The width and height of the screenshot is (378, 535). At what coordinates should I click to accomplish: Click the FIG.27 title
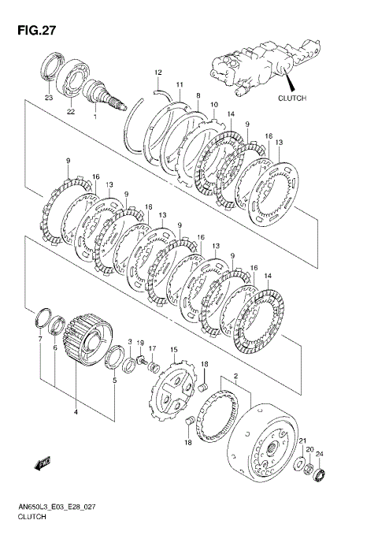[36, 31]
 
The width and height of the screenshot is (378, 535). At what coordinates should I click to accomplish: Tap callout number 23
[49, 98]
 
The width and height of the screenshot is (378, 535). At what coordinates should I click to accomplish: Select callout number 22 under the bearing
[71, 112]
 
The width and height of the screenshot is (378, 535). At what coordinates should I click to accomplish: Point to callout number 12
[157, 72]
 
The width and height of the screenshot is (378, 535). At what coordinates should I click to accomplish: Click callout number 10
[214, 105]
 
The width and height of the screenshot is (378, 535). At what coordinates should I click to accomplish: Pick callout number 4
[76, 412]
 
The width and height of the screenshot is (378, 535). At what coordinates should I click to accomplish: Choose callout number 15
[174, 350]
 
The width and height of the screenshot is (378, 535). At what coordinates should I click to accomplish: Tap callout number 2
[235, 377]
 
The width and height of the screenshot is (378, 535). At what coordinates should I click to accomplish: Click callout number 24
[319, 454]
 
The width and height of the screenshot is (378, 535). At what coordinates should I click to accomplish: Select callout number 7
[40, 339]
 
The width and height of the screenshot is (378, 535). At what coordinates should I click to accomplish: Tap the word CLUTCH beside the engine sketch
[292, 98]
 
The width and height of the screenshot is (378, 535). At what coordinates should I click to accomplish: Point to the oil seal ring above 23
[52, 68]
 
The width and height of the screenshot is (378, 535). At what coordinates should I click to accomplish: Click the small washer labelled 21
[299, 465]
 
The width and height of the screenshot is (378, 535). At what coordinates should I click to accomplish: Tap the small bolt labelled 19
[142, 359]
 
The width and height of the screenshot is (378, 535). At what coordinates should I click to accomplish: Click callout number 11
[180, 84]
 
